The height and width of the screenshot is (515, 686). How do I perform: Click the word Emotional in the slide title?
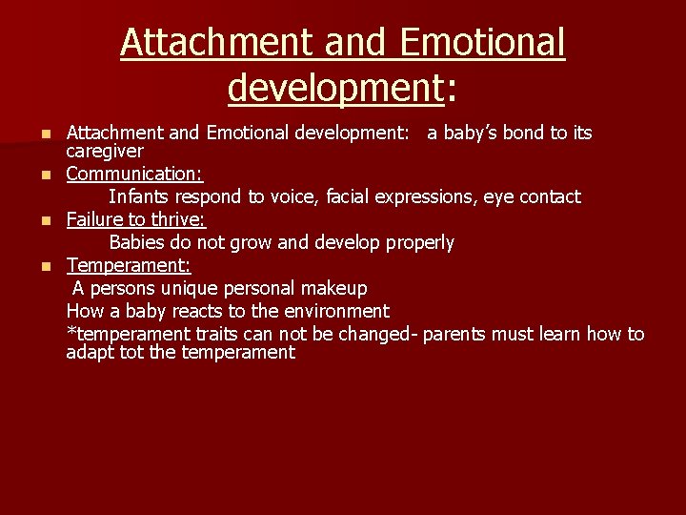pos(483,43)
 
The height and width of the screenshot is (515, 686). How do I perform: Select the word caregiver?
pos(105,151)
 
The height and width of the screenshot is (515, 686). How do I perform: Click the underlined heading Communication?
pos(134,174)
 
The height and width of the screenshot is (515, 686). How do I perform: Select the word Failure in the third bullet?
pos(95,219)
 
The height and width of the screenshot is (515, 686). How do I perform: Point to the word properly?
pos(419,242)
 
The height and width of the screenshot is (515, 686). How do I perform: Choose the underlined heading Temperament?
pos(129,265)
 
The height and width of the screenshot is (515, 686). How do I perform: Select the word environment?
pos(333,311)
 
